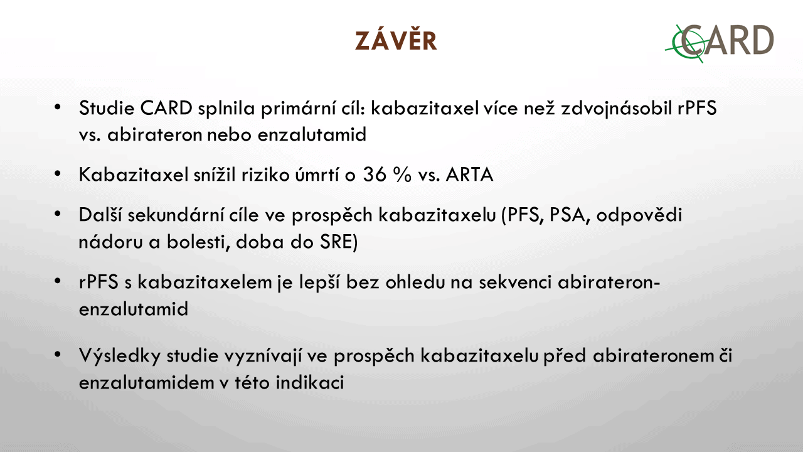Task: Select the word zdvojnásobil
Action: pos(616,109)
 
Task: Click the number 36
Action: pos(375,175)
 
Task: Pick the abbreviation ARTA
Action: pos(470,175)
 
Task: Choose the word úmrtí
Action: pos(317,175)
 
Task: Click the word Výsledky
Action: pos(119,356)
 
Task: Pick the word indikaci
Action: pos(310,382)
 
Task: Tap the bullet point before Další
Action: pos(57,214)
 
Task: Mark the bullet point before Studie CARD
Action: pos(57,107)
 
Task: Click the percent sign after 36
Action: pos(402,175)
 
